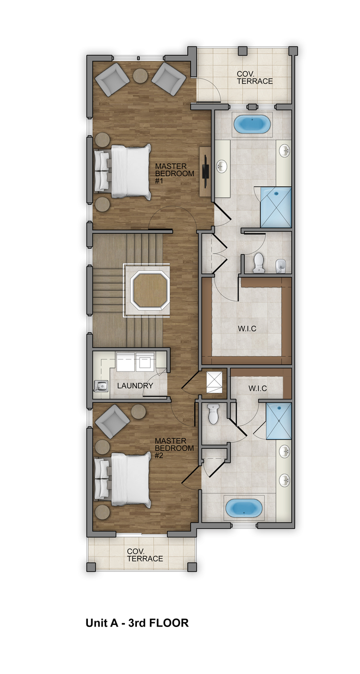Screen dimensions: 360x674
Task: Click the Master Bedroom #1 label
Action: point(174,173)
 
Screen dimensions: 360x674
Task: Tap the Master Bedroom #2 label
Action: point(174,448)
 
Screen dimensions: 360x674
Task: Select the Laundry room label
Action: point(135,385)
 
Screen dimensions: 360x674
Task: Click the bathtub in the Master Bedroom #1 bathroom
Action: point(252,124)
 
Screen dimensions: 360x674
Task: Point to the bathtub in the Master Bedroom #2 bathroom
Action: point(244,507)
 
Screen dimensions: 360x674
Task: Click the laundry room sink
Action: point(101,386)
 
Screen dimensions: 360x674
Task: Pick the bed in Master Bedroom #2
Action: point(123,480)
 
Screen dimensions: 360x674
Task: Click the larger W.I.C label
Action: point(247,328)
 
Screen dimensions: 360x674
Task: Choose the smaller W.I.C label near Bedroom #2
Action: point(258,388)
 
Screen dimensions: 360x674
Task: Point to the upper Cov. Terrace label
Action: point(255,77)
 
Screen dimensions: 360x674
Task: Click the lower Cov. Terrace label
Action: point(145,555)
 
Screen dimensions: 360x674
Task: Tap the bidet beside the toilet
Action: point(280,265)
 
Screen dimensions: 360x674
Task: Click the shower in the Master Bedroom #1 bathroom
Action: point(276,207)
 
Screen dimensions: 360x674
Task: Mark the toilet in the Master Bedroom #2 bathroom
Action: point(213,413)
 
